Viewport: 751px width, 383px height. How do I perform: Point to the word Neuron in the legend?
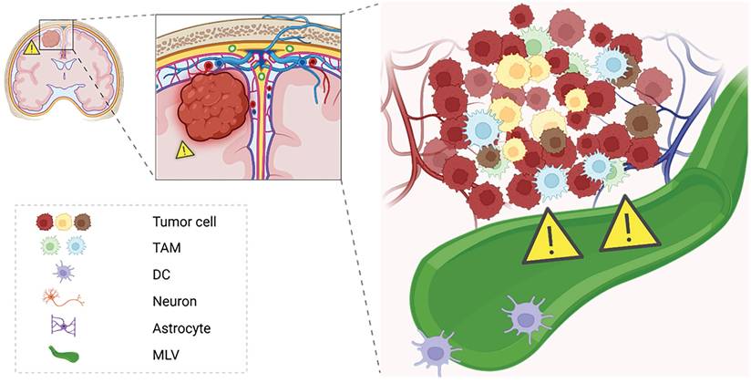[176, 299]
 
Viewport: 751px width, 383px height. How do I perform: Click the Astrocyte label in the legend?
[182, 326]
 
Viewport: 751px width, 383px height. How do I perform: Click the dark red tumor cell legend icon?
[44, 222]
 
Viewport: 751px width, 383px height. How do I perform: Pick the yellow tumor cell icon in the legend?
[63, 222]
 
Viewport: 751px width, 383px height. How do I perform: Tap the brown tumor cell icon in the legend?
[82, 222]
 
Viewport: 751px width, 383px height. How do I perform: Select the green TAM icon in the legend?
[52, 247]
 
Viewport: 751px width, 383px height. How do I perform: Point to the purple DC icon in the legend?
[62, 273]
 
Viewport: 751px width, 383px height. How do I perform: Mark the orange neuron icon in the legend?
[62, 298]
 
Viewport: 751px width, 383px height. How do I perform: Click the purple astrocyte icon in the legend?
[62, 326]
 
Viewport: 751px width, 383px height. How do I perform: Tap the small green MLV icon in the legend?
[62, 352]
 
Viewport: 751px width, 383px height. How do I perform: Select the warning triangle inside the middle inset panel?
[184, 150]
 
